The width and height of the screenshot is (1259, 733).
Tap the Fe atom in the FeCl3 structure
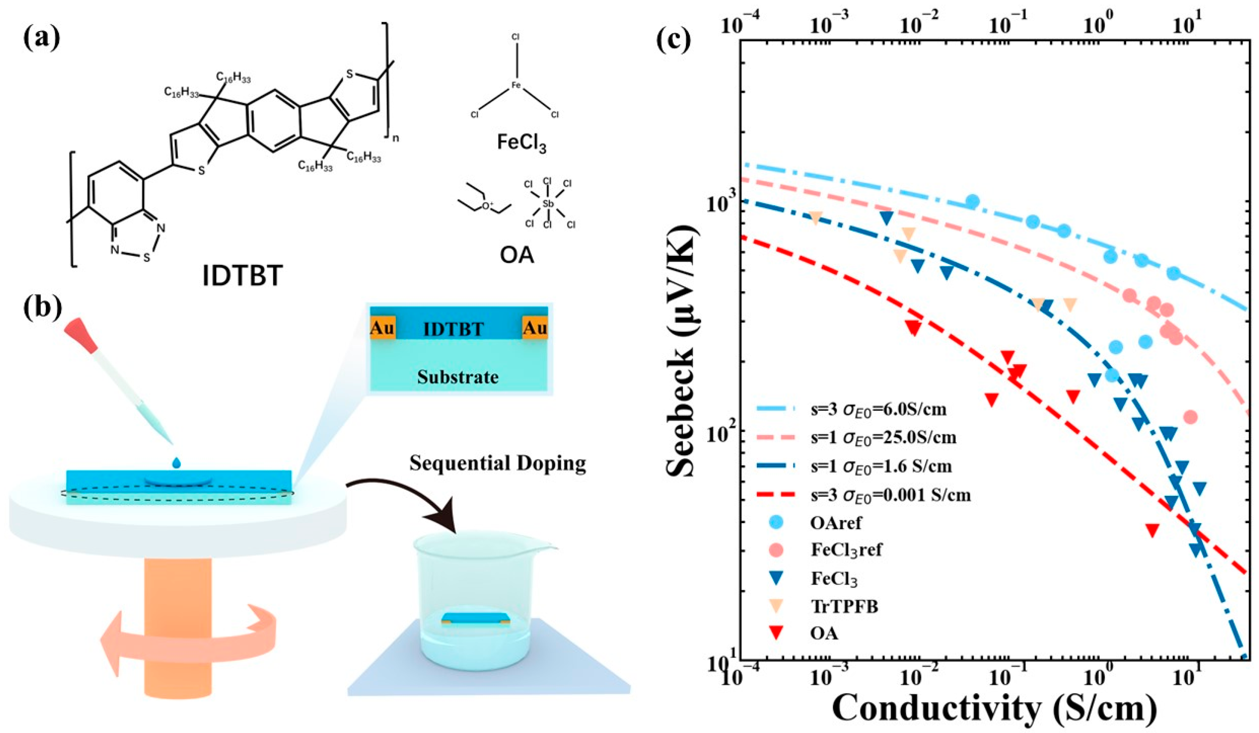tap(516, 85)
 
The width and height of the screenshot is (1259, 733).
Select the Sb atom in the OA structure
tap(548, 204)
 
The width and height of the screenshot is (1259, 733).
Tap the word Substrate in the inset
tap(458, 377)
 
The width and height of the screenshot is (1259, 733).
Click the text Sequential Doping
tap(498, 463)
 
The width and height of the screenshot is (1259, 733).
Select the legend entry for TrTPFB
tap(844, 606)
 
